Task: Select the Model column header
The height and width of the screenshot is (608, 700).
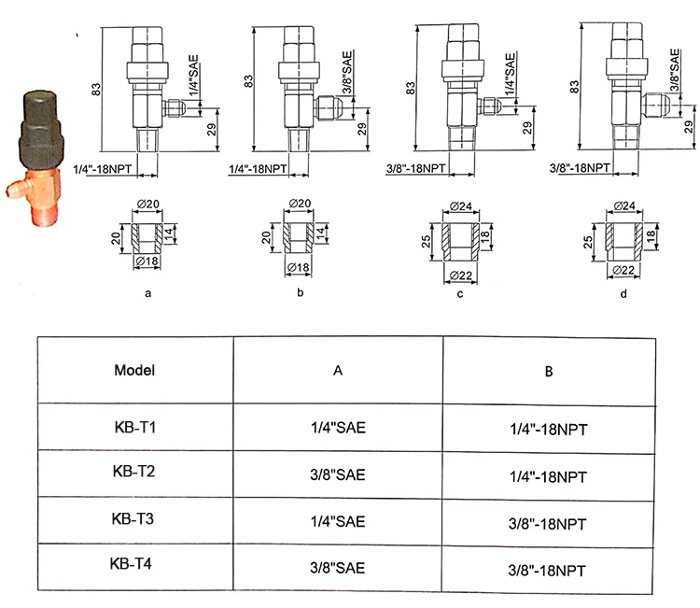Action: tap(134, 371)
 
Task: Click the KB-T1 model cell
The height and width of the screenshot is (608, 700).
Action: tap(135, 428)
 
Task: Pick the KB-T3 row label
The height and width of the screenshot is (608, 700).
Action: tap(133, 518)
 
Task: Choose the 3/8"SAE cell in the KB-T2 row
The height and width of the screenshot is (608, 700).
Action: tap(338, 474)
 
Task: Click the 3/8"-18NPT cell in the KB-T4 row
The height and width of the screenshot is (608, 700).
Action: tap(547, 571)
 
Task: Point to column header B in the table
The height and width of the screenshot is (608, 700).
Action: tap(549, 372)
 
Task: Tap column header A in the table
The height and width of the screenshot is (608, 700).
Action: tap(338, 371)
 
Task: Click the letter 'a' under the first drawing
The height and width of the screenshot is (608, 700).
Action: tap(148, 293)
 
